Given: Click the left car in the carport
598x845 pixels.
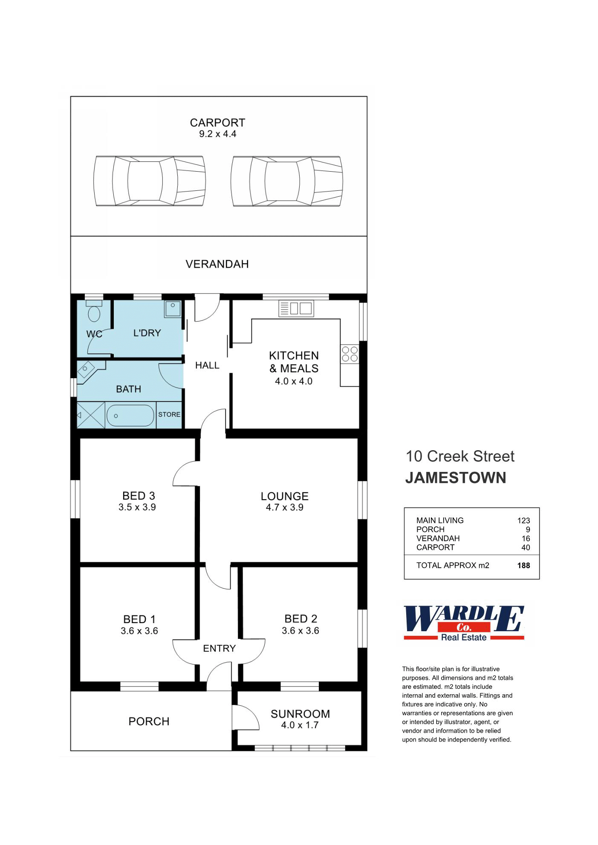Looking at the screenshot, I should [x=149, y=181].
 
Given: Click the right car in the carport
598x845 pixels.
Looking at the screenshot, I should [x=286, y=181].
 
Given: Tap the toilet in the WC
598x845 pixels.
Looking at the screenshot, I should [x=94, y=313].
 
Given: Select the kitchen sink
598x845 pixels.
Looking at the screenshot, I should [x=296, y=308].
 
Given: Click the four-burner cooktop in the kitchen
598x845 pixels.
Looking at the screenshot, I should [x=350, y=354].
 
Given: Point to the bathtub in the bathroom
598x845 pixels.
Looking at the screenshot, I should [x=130, y=415].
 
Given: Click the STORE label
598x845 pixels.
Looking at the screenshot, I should [x=169, y=414].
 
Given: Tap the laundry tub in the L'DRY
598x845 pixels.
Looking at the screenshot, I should [x=173, y=308].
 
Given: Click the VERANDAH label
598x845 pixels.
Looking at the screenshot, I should [x=217, y=264].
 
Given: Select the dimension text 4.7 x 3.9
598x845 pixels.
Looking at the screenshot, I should [x=284, y=507].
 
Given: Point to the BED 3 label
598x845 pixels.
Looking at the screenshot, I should [x=139, y=496].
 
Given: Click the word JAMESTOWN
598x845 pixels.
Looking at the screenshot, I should [x=455, y=478].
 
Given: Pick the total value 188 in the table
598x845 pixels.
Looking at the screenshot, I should [x=523, y=566].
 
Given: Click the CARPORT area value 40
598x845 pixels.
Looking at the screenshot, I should [x=526, y=547].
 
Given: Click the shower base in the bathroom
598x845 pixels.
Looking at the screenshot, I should [x=90, y=415].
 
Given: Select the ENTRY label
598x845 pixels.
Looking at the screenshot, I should [x=219, y=648].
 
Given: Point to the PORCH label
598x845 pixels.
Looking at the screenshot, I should [x=149, y=721].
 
